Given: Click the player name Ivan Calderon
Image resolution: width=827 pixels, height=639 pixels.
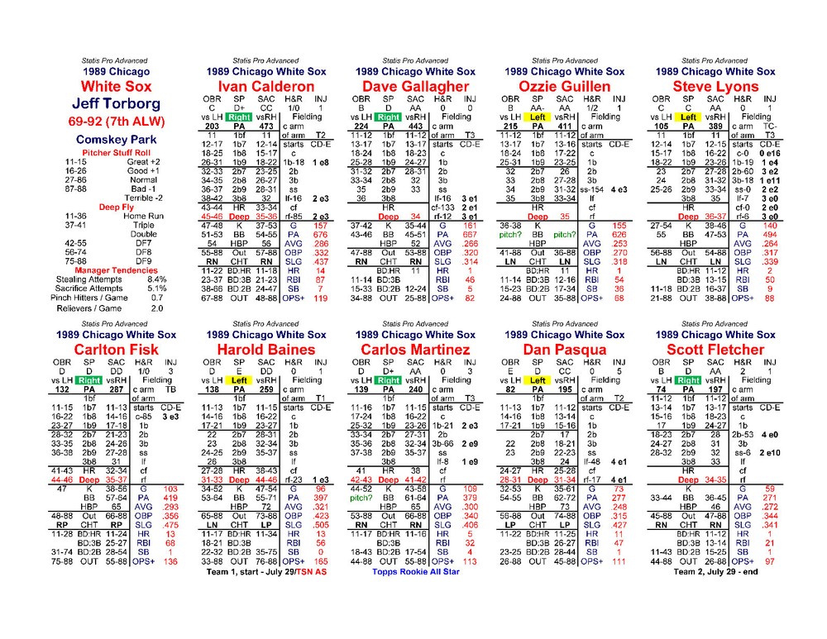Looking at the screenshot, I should (256, 87).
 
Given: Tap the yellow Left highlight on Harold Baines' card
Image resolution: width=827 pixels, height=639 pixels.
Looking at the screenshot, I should (240, 380).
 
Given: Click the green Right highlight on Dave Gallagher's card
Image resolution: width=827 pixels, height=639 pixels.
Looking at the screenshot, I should (389, 117).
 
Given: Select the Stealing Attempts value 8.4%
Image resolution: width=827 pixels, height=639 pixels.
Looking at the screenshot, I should (156, 279).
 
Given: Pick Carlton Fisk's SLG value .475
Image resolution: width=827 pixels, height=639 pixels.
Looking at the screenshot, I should (170, 525).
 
